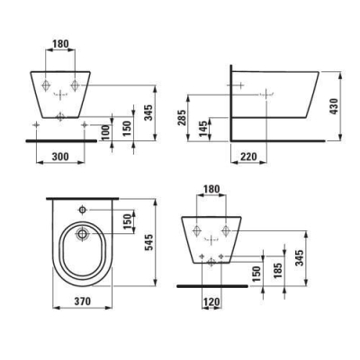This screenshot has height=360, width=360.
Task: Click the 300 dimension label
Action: pos(60,157)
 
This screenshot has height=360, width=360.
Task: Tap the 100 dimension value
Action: pos(105,133)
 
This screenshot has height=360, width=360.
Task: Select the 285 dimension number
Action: pos(183,118)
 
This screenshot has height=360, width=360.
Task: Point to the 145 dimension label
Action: pos(204,129)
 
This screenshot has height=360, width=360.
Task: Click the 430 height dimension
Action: pos(334,106)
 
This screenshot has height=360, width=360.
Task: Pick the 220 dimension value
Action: pos(248,157)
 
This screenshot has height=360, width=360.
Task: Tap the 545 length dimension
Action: pos(148,242)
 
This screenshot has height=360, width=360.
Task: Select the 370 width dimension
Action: pos(82,301)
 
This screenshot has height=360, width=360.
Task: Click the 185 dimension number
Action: pos(278,271)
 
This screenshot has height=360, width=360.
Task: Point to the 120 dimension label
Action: pos(211,301)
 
